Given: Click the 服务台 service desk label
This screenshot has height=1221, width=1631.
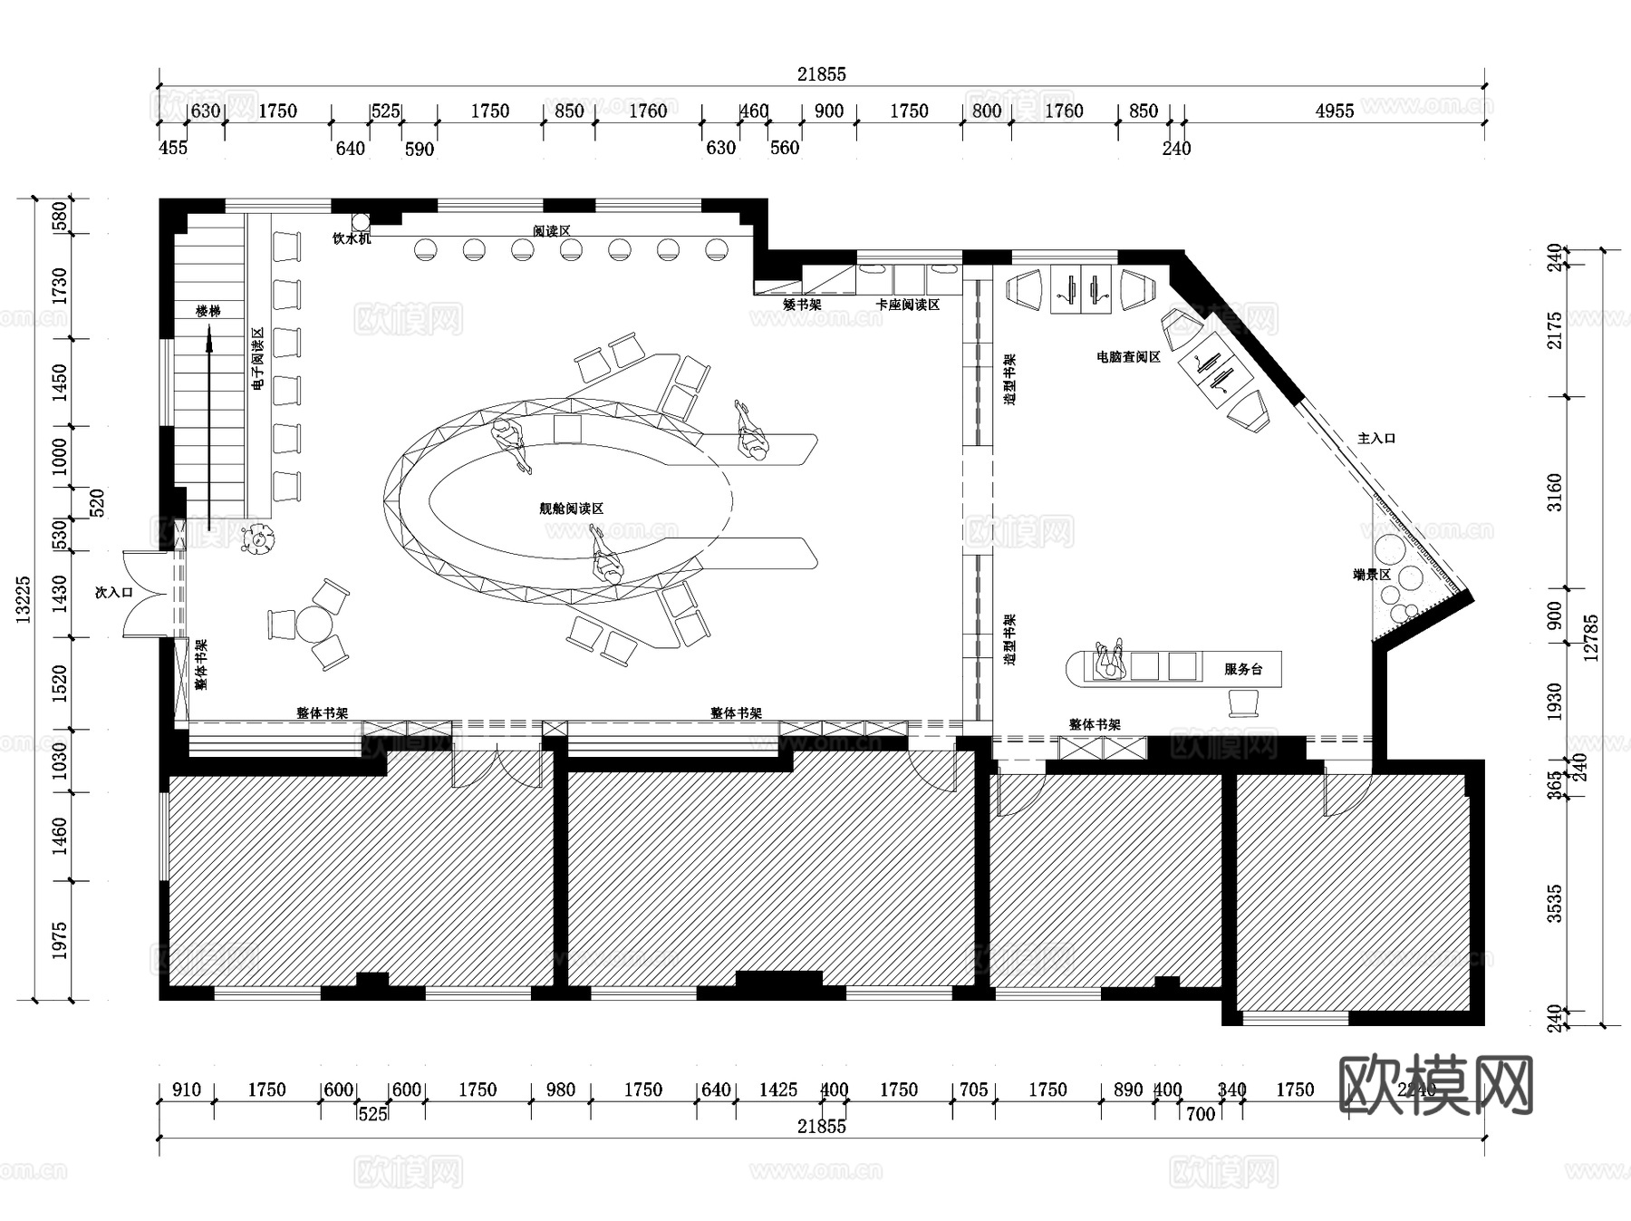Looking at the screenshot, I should tap(1242, 669).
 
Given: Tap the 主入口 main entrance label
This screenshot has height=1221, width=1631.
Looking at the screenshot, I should tap(1375, 438).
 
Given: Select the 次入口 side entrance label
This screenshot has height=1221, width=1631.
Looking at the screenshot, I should tap(114, 592).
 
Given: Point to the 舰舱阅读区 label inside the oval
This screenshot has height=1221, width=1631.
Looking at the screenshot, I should tap(571, 509).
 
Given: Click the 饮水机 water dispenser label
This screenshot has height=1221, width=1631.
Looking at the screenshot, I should tap(351, 238).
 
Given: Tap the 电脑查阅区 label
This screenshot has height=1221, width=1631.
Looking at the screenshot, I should tap(1128, 357).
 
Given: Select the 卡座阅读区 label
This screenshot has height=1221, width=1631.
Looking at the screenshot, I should tap(907, 305).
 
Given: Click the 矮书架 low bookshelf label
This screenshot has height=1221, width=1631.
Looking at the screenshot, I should tap(802, 305).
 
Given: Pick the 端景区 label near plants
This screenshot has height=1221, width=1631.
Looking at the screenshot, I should tap(1371, 575).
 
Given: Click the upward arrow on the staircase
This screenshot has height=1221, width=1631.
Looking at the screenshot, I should tap(209, 426).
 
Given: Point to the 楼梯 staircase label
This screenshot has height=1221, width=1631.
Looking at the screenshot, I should tap(208, 311).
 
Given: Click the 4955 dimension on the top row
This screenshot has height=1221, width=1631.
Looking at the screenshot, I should tap(1334, 111).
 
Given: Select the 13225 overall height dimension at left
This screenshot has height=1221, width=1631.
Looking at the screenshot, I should tap(24, 598).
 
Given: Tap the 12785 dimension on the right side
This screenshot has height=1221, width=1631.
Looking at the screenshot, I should tap(1591, 638).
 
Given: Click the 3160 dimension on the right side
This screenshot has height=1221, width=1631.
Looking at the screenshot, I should tap(1555, 492).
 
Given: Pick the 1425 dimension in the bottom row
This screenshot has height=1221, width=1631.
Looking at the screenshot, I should tap(777, 1090).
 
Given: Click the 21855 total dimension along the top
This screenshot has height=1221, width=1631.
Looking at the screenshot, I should tap(821, 74).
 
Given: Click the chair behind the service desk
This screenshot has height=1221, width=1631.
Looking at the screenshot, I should tap(1244, 702).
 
